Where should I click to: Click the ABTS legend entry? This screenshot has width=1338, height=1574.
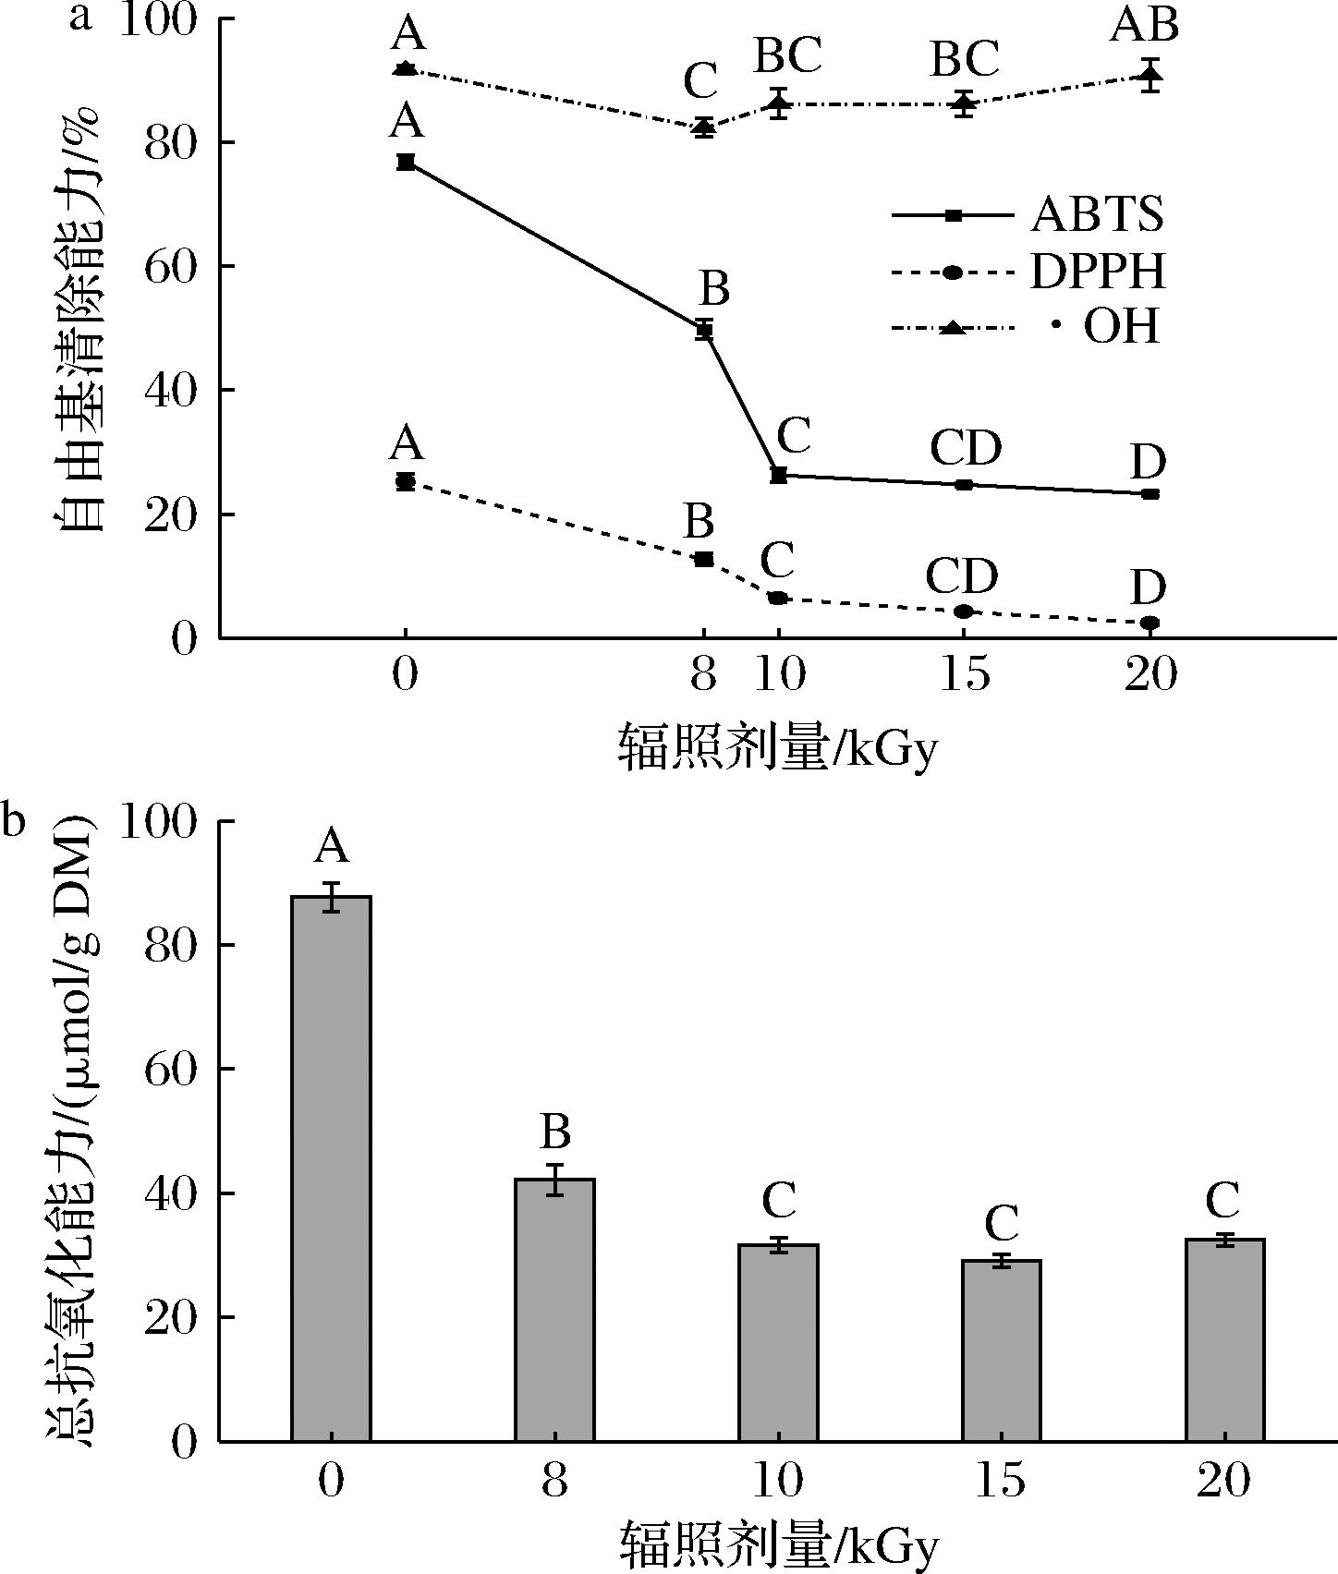[x=1026, y=215]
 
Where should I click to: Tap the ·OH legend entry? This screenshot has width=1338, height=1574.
[x=1026, y=328]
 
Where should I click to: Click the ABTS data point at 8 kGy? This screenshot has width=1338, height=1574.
[x=704, y=330]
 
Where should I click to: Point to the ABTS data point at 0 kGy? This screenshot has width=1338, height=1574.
[x=405, y=163]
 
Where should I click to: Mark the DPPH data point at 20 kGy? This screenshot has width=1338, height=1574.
[x=1149, y=624]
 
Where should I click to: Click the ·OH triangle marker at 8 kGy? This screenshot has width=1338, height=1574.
[x=704, y=127]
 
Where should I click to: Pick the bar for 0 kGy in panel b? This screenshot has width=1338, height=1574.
[x=331, y=1168]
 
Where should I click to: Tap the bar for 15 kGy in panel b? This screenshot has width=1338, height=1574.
[x=1002, y=1350]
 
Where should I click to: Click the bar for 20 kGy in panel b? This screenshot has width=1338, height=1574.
[x=1225, y=1339]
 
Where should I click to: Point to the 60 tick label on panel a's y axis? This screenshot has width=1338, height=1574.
[x=170, y=266]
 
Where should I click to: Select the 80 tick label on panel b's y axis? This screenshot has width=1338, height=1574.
[x=170, y=945]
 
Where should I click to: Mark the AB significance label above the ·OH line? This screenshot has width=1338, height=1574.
[x=1144, y=26]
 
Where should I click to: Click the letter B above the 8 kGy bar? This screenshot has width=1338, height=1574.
[x=554, y=1132]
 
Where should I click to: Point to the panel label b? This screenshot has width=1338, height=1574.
[x=13, y=821]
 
